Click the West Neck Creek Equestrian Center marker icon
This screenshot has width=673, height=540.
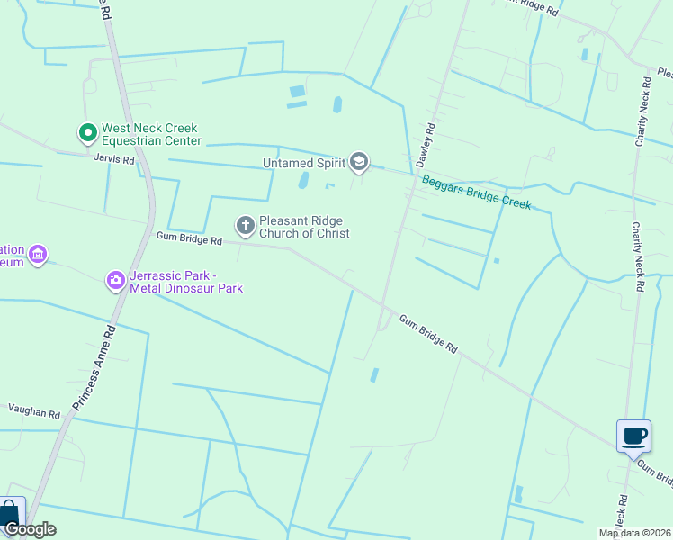pyautogui.click(x=87, y=134)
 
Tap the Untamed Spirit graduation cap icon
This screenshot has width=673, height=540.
pyautogui.click(x=359, y=162)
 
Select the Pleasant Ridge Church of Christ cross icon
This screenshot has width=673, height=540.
pyautogui.click(x=245, y=225)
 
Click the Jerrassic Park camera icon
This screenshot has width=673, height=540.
pyautogui.click(x=115, y=280)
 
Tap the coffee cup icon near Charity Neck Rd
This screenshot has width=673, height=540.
pyautogui.click(x=633, y=436)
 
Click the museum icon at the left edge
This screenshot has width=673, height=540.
pyautogui.click(x=37, y=256)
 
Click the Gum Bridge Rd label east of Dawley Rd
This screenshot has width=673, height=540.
pyautogui.click(x=428, y=335)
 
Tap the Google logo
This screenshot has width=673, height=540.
pyautogui.click(x=30, y=529)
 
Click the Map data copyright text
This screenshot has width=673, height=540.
pyautogui.click(x=634, y=533)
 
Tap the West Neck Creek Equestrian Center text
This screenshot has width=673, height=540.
pyautogui.click(x=151, y=135)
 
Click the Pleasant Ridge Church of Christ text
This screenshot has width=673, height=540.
pyautogui.click(x=304, y=226)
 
